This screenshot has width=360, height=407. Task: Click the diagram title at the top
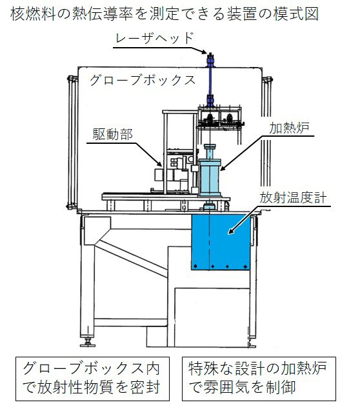tap(165, 14)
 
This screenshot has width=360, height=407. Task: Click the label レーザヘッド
tap(155, 38)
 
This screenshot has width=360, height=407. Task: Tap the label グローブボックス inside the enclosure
tap(143, 80)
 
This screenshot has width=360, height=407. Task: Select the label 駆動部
tap(112, 134)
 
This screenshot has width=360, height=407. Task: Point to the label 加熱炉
tap(289, 128)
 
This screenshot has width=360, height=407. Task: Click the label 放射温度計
tap(293, 198)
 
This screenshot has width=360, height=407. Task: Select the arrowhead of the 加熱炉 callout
tap(223, 168)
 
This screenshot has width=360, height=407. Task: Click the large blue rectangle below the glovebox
tap(221, 242)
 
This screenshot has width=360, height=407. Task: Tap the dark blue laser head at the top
tap(210, 61)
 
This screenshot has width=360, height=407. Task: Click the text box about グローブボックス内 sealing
tap(92, 379)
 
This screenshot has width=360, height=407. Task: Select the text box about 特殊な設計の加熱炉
tap(259, 379)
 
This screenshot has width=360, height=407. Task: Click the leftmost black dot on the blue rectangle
tap(195, 266)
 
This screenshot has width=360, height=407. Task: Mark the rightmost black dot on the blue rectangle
tap(245, 266)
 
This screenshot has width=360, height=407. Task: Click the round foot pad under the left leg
tap(88, 344)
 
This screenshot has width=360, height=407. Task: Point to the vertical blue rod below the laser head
tap(210, 81)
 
